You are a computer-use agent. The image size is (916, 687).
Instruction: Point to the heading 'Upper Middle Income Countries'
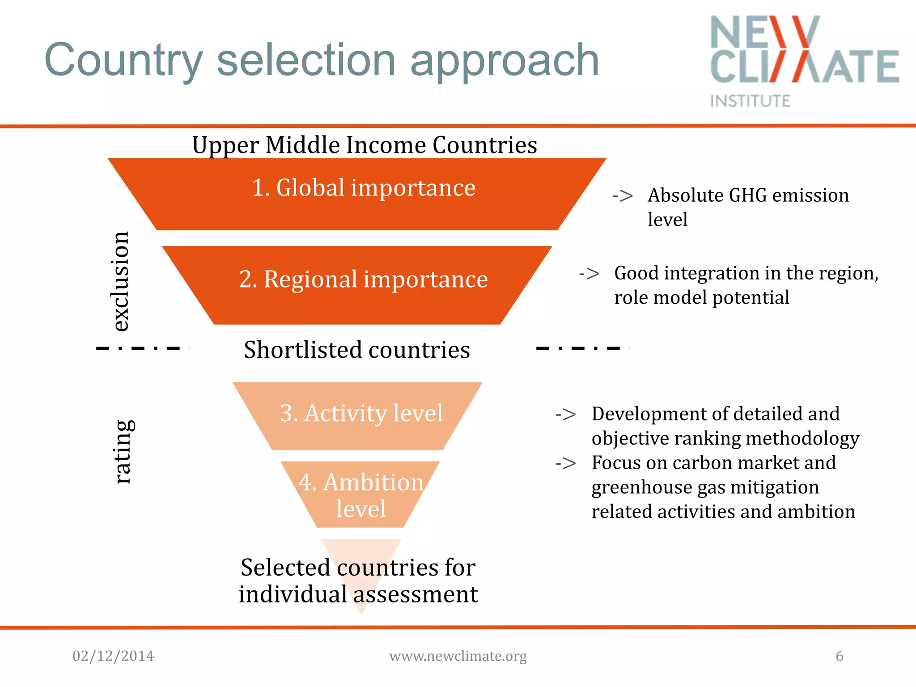click(365, 145)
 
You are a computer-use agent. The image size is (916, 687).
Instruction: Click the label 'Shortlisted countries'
click(356, 350)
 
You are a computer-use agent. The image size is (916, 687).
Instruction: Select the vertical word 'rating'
click(123, 452)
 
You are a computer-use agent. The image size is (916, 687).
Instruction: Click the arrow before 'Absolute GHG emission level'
click(623, 196)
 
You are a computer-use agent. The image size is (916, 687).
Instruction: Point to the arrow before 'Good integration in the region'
click(589, 273)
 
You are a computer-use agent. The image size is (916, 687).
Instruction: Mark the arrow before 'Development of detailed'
click(566, 415)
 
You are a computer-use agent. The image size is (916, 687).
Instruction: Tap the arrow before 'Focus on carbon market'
click(566, 463)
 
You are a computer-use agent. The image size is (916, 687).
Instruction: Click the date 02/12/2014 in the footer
click(113, 656)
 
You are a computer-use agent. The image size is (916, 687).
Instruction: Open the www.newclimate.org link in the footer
click(458, 656)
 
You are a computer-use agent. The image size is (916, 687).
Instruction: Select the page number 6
click(840, 656)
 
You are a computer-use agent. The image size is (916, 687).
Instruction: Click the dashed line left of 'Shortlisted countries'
click(139, 348)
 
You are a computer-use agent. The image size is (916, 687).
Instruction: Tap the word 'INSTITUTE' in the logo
click(750, 101)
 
